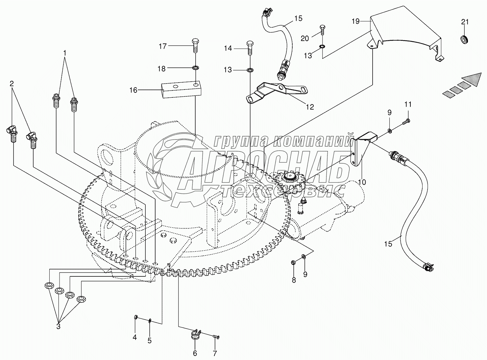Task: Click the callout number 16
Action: pos(133,90)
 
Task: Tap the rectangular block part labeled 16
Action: pos(181,89)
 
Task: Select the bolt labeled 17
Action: pos(195,46)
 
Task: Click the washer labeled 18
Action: pos(195,68)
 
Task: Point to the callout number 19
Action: pos(355,21)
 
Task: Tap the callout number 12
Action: pos(310,107)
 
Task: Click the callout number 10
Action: pos(362,182)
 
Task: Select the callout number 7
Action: pos(215,353)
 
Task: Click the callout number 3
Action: pos(58,326)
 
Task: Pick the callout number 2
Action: pos(12,83)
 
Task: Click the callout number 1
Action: pos(65,53)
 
